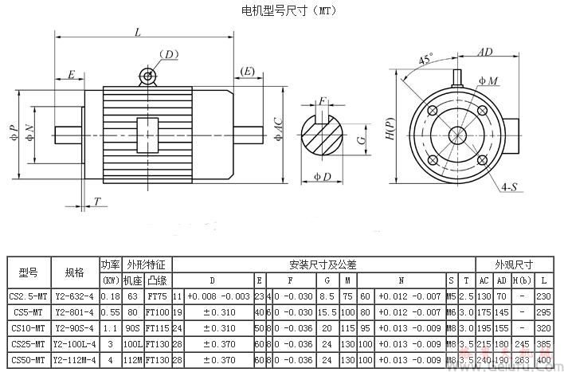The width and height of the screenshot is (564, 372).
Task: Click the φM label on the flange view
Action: pos(488,82)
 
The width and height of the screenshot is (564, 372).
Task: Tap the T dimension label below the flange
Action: pos(97,202)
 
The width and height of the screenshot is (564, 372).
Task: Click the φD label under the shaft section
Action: pos(322,176)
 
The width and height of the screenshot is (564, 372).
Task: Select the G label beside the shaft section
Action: pos(362,139)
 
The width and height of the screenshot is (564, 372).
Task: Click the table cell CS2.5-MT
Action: pos(29,296)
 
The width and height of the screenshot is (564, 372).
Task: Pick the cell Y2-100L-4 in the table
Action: pos(75,344)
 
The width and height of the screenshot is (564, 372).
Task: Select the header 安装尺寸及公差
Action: pos(323,264)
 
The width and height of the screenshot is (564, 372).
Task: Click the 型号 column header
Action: pos(29,272)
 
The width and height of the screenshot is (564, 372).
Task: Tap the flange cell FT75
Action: pos(158,296)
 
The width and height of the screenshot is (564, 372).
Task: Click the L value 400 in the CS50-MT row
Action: pos(544,360)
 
